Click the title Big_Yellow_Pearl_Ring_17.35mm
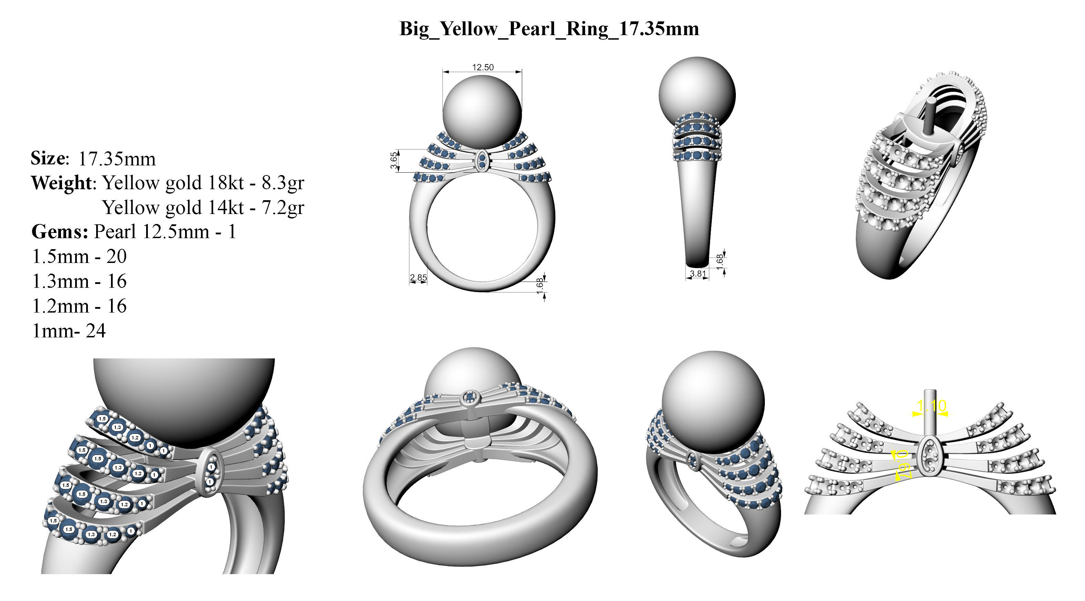(549, 29)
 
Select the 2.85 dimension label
(418, 277)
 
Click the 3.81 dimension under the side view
(698, 274)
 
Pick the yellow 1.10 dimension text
(931, 406)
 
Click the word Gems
(59, 232)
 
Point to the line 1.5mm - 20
(79, 256)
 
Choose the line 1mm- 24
(69, 331)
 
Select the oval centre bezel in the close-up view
(210, 472)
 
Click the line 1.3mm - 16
(79, 281)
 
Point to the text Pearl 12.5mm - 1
(165, 232)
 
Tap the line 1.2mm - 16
(79, 306)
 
